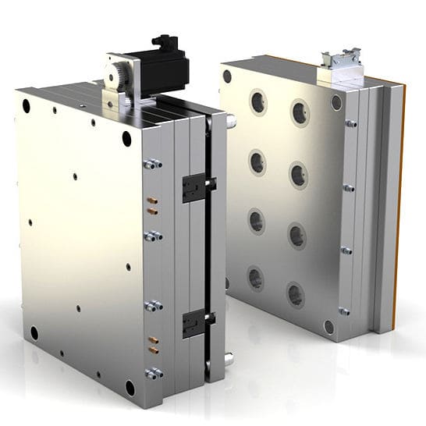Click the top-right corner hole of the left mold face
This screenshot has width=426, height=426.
[x=126, y=139]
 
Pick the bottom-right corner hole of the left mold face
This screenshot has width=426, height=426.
[x=130, y=385]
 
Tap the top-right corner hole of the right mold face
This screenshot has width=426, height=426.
[x=337, y=102]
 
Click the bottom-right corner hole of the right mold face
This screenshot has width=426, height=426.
[x=329, y=327]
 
